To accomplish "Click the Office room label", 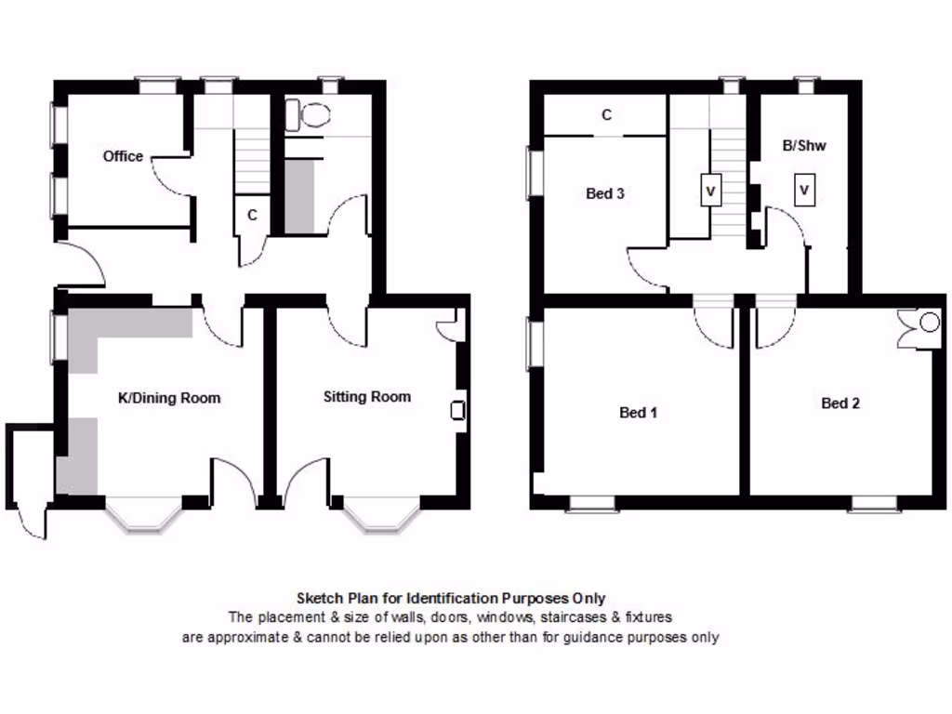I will (x=123, y=156).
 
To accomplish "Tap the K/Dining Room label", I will (x=169, y=398).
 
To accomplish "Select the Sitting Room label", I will (x=366, y=397).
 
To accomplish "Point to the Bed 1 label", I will (x=638, y=412).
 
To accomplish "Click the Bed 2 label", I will (x=840, y=403).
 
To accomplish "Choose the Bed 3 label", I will (x=604, y=193).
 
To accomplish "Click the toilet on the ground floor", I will (x=309, y=115).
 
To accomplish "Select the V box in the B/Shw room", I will (x=804, y=191).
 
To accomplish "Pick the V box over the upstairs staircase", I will (x=710, y=191).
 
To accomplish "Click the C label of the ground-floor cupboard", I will (x=252, y=215).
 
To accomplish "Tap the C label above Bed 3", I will (x=606, y=115).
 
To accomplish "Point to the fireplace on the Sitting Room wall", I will (x=457, y=410).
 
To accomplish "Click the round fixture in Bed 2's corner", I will (x=928, y=323).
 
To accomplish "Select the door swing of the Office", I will (x=169, y=177).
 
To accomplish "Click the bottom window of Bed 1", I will (x=592, y=504).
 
